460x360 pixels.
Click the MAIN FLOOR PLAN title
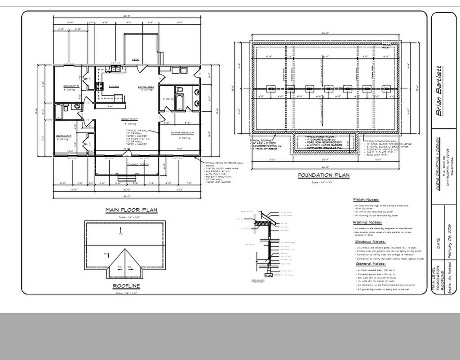pyautogui.click(x=131, y=210)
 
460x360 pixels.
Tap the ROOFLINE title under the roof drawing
pyautogui.click(x=126, y=286)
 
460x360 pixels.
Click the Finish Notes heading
pyautogui.click(x=366, y=200)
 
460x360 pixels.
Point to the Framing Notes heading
pyautogui.click(x=367, y=223)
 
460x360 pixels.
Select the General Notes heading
pyautogui.click(x=368, y=264)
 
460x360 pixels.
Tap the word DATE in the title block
pyautogui.click(x=438, y=244)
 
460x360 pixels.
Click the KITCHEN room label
pyautogui.click(x=114, y=86)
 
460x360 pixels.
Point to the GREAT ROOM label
pyautogui.click(x=128, y=119)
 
